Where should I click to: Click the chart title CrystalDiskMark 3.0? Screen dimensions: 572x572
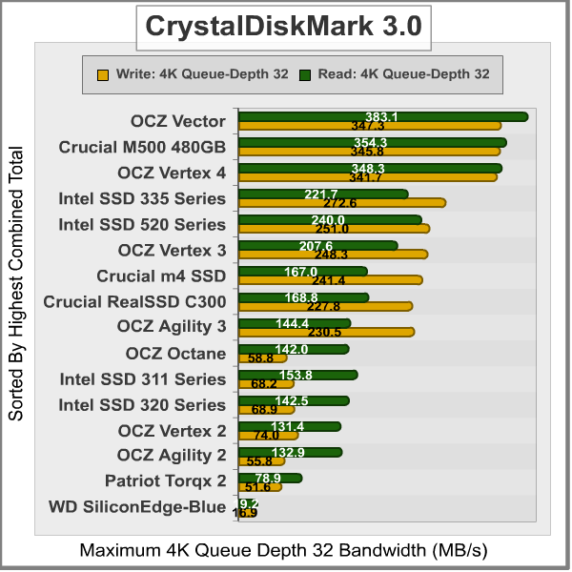(282, 27)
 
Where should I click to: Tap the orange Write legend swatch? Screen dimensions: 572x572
(103, 73)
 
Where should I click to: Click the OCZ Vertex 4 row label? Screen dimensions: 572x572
(172, 173)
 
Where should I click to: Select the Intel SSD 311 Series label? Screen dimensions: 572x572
(143, 378)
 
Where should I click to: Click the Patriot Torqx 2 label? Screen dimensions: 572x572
(166, 481)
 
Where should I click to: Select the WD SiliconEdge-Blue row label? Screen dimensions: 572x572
(137, 507)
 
